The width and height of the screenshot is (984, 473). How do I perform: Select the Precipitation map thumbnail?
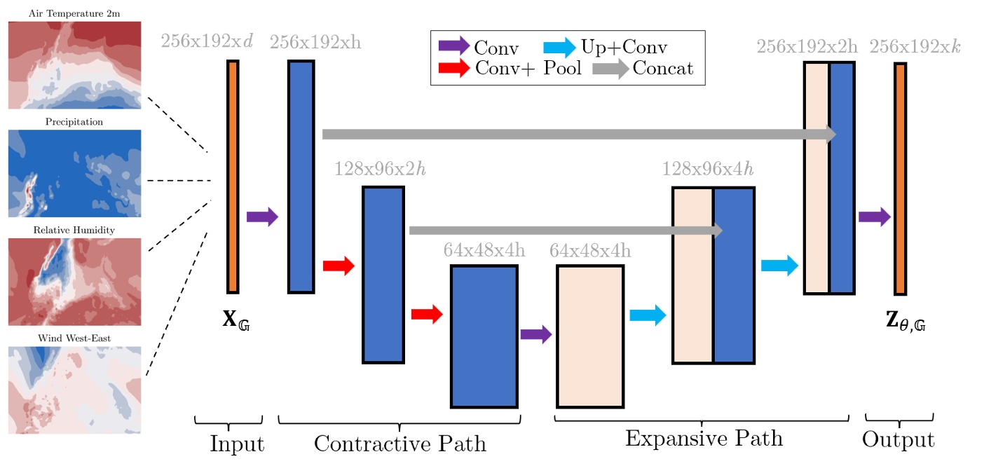click(x=74, y=173)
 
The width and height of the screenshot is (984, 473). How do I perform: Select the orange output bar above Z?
click(x=900, y=179)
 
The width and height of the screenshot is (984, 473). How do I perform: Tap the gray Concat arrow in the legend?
click(x=610, y=68)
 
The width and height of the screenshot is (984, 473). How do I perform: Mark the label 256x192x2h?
click(x=807, y=47)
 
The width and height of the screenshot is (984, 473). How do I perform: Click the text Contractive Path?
click(x=399, y=443)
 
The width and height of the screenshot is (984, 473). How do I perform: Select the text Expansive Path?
click(x=704, y=439)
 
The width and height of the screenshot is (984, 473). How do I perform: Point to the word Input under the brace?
click(x=237, y=443)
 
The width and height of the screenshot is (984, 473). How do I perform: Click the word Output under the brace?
click(x=898, y=439)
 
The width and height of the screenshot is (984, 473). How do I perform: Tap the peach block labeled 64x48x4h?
click(x=590, y=336)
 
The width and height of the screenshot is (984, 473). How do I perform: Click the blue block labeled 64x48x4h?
click(x=484, y=336)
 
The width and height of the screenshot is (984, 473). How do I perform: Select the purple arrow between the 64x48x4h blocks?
click(x=536, y=334)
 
